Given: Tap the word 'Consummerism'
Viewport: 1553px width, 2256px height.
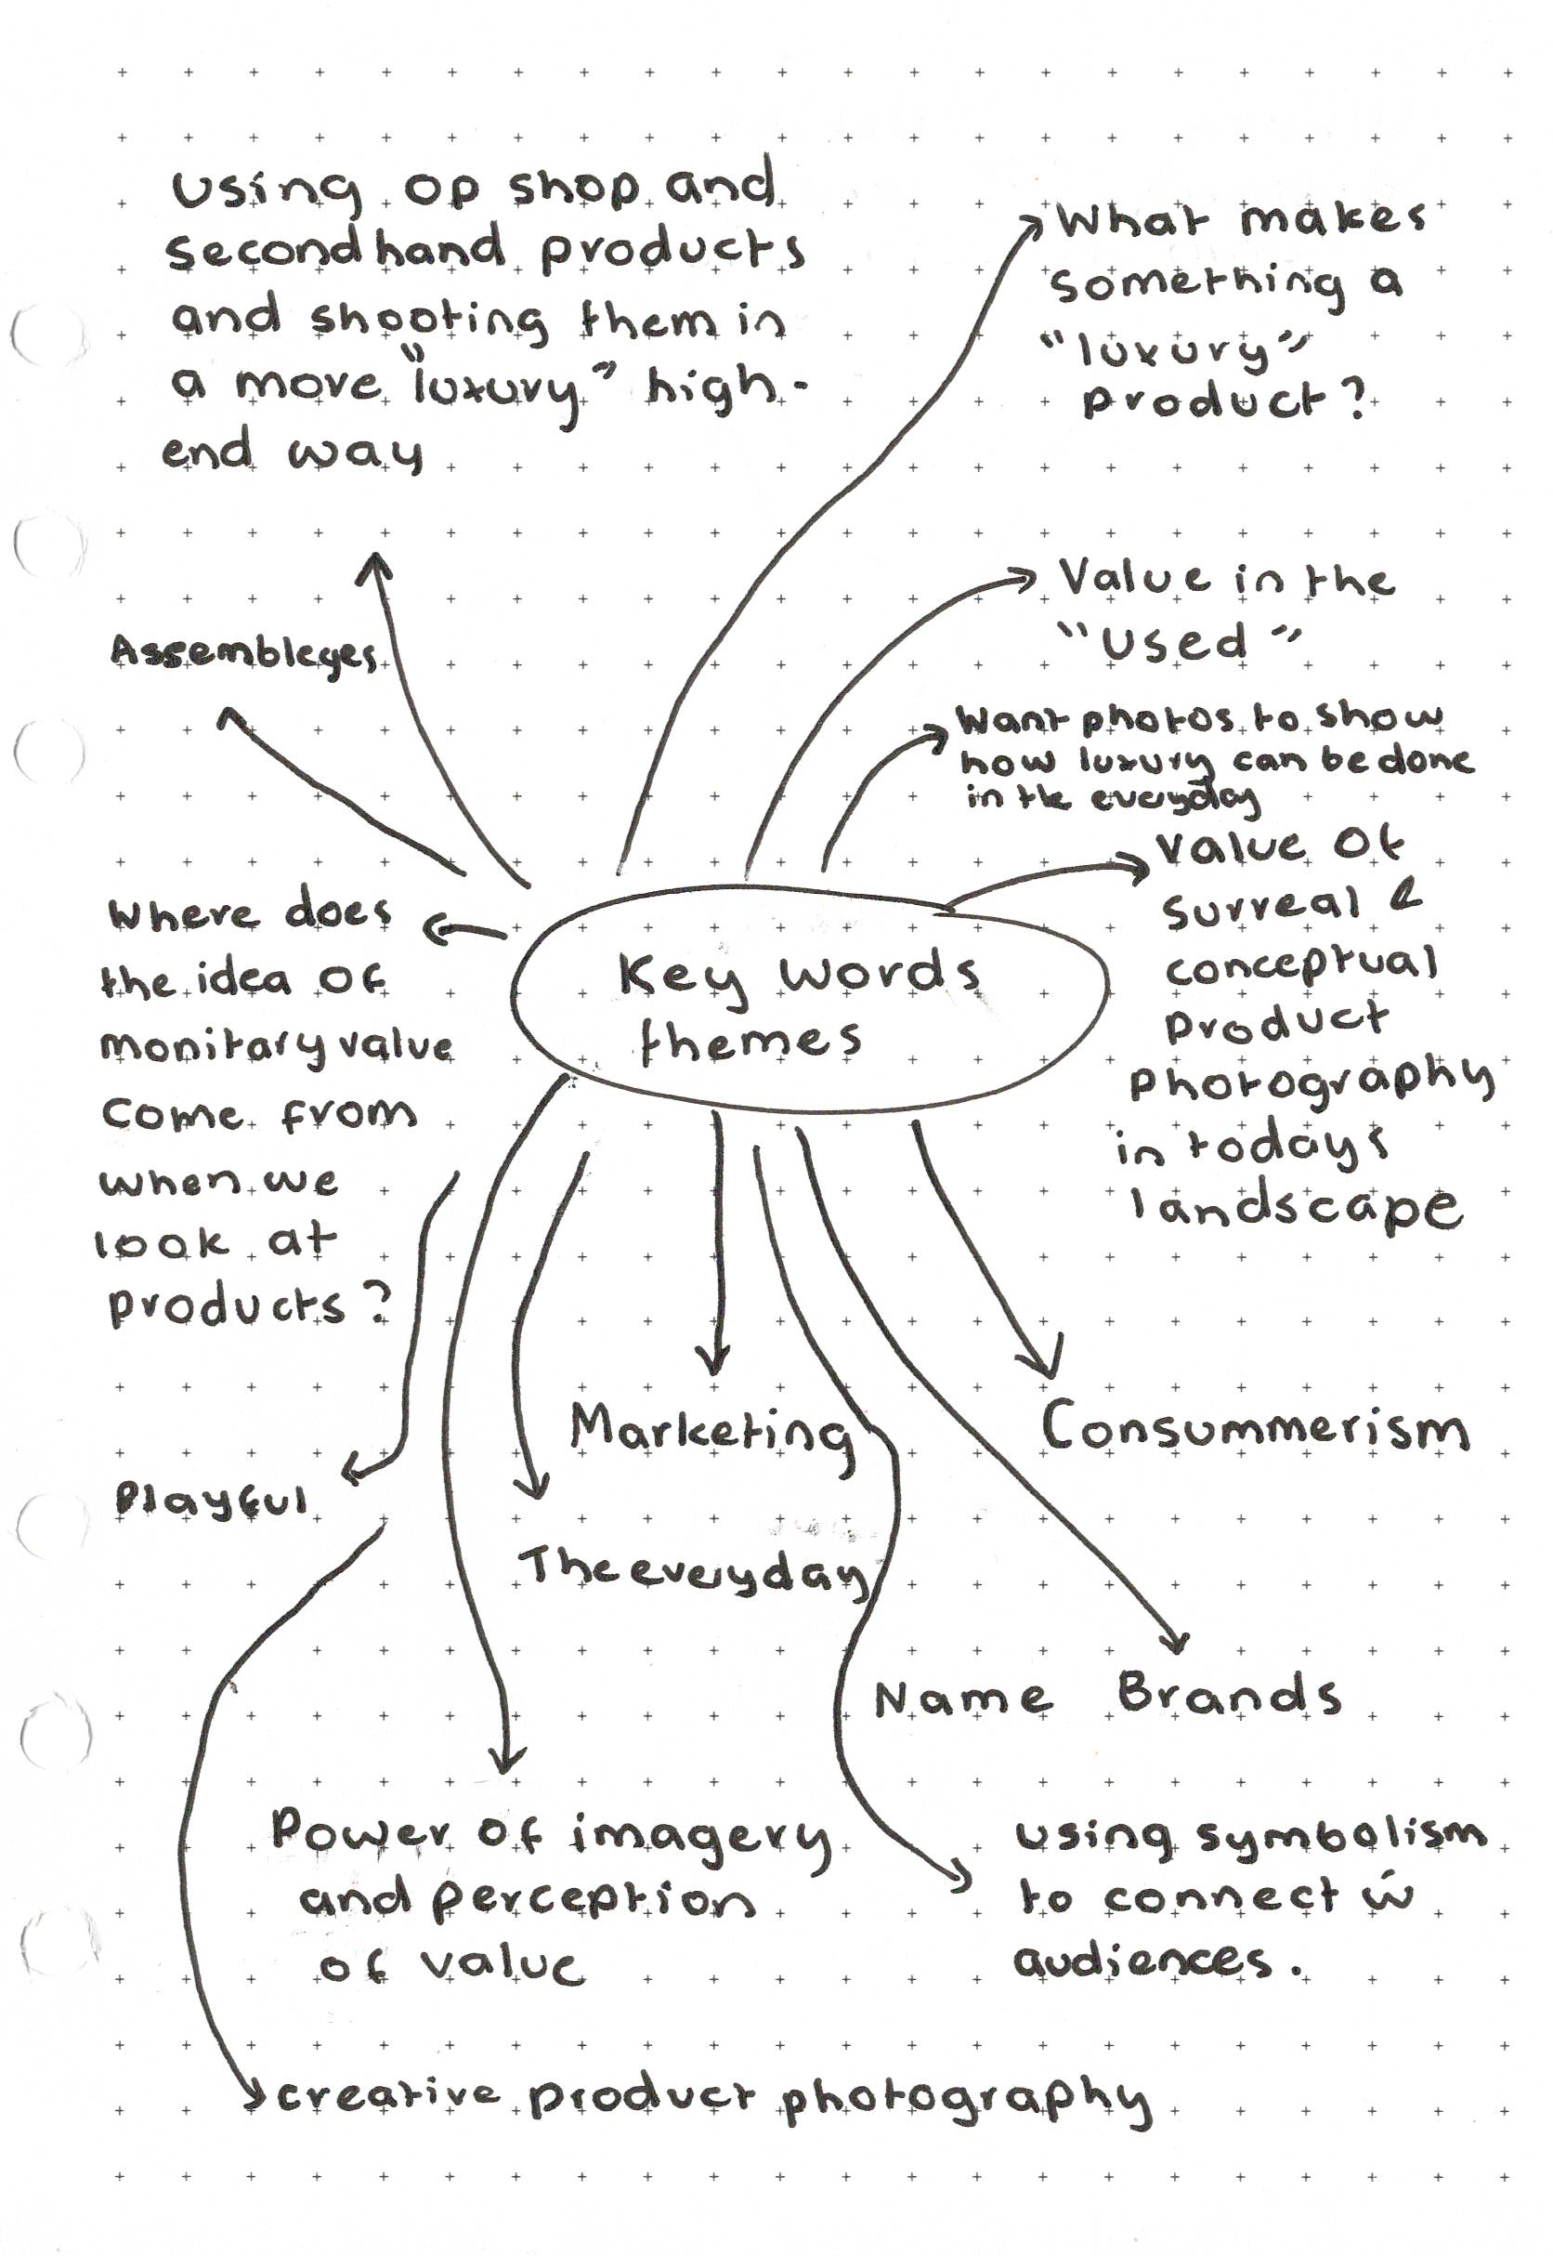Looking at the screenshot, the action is pos(1254,1429).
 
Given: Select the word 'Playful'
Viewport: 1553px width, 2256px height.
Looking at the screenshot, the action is pos(212,1502).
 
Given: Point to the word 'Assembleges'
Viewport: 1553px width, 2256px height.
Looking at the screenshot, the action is pos(243,653).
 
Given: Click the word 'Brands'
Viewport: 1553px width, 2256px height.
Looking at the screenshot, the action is pos(1229,1695).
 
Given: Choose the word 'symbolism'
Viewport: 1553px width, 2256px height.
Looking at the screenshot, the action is pos(1341,1834).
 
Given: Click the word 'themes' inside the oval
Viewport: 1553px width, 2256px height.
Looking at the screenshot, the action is pos(750,1041).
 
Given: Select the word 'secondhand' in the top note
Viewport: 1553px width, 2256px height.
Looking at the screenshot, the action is pos(335,250).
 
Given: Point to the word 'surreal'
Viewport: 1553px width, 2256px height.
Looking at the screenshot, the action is pos(1261,908).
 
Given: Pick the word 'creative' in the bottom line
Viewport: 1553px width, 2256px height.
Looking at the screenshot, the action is pos(388,2094).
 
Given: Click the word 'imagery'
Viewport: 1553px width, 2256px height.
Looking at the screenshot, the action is pos(699,1837).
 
